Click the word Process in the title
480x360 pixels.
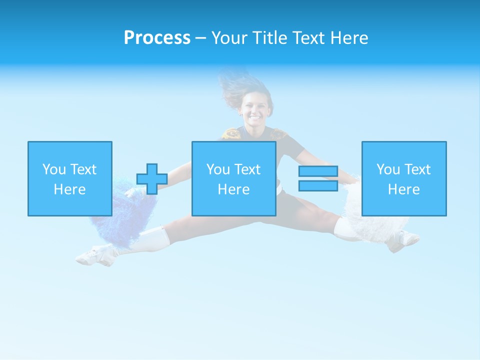click(157, 38)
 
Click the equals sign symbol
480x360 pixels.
click(318, 178)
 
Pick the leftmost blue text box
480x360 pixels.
click(70, 178)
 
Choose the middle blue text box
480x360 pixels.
click(234, 178)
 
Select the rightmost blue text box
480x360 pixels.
click(404, 178)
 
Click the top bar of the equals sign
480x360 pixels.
click(318, 171)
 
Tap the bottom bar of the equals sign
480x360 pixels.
click(318, 185)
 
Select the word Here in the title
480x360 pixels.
click(349, 38)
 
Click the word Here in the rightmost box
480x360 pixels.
click(404, 189)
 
